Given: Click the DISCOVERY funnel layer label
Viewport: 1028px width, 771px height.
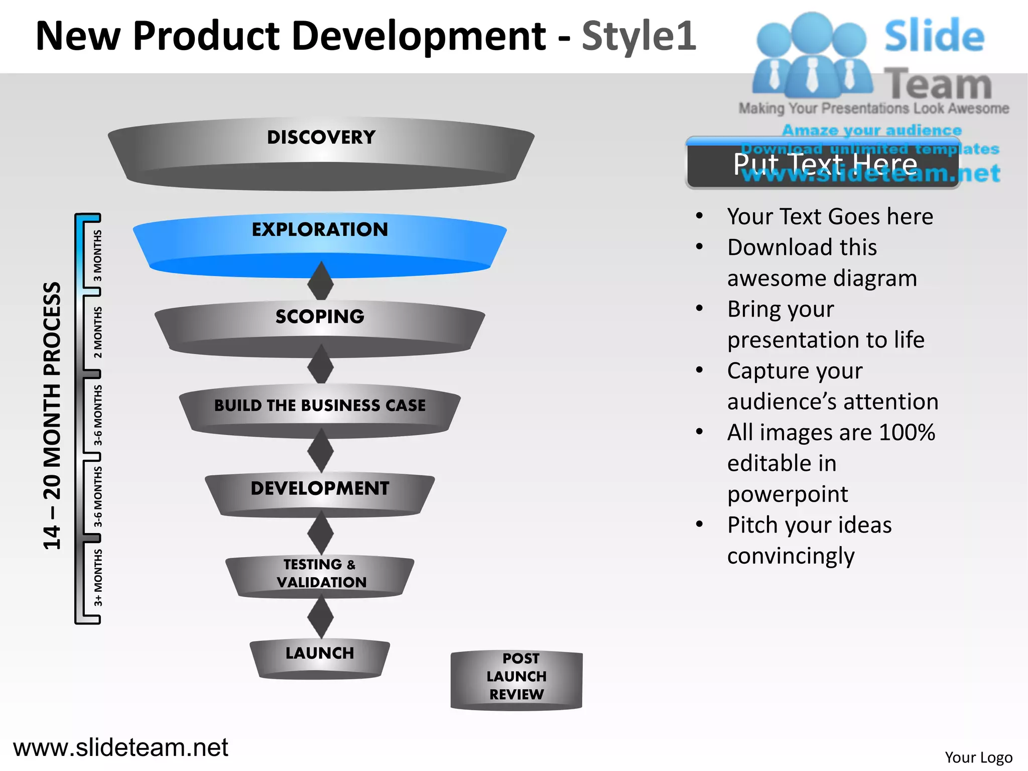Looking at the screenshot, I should click(321, 138).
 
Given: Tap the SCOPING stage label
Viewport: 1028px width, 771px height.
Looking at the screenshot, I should click(320, 317).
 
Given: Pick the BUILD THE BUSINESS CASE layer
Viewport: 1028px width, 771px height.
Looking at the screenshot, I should click(320, 406).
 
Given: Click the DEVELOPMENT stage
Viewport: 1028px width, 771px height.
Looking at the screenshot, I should click(320, 488).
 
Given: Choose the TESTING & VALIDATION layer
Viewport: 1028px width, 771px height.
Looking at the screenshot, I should click(320, 573).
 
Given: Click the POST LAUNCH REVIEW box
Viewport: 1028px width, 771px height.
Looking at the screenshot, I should click(517, 677).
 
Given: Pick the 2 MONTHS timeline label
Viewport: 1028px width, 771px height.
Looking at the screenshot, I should click(97, 332).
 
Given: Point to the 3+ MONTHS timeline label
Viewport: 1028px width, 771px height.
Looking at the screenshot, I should click(97, 577).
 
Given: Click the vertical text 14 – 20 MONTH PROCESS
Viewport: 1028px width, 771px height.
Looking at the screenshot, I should click(52, 416).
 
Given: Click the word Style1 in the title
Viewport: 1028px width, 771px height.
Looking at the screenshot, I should click(638, 36).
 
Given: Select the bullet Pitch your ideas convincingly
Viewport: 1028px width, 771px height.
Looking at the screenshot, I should click(809, 540).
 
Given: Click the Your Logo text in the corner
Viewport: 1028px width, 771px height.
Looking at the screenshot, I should click(978, 757).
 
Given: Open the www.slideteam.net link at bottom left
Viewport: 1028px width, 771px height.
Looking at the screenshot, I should click(120, 747).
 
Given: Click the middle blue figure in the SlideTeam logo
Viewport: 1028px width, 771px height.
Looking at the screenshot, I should click(811, 55).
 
